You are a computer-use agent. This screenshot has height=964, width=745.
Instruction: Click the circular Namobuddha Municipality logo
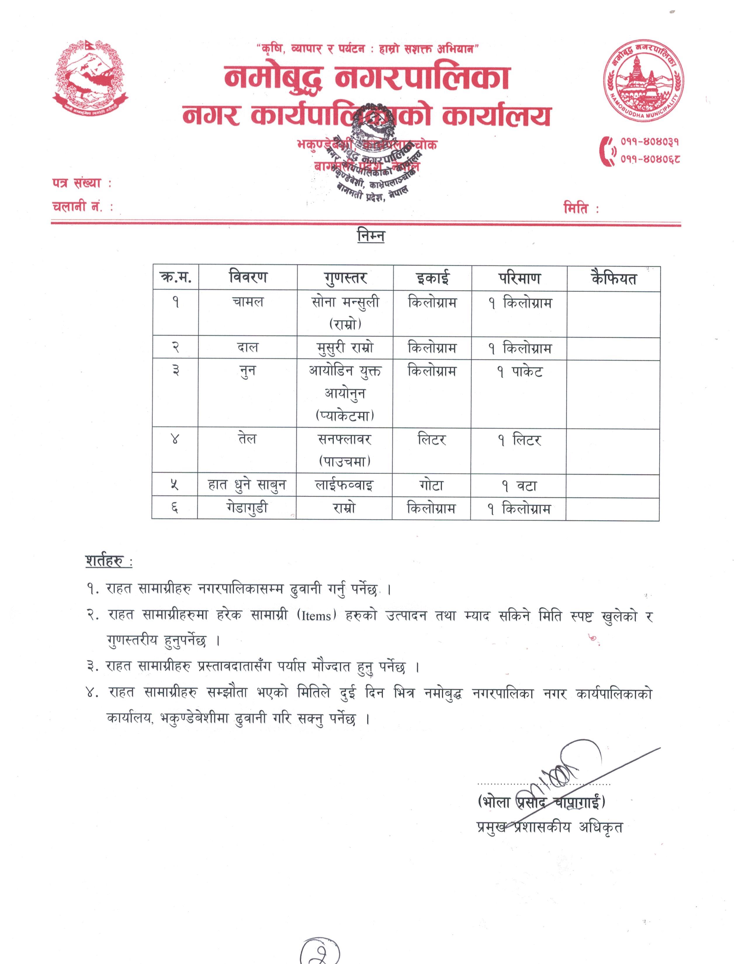644,83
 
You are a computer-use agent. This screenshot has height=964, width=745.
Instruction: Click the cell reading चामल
247,302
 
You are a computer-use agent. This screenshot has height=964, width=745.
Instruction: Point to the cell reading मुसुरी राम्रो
345,348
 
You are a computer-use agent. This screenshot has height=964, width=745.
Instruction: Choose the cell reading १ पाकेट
519,371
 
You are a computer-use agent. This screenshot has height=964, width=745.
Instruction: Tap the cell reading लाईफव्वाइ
344,485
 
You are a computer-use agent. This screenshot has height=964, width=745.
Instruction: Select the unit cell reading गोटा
431,485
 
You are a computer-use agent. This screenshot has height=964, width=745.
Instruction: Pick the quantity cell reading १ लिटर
519,440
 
